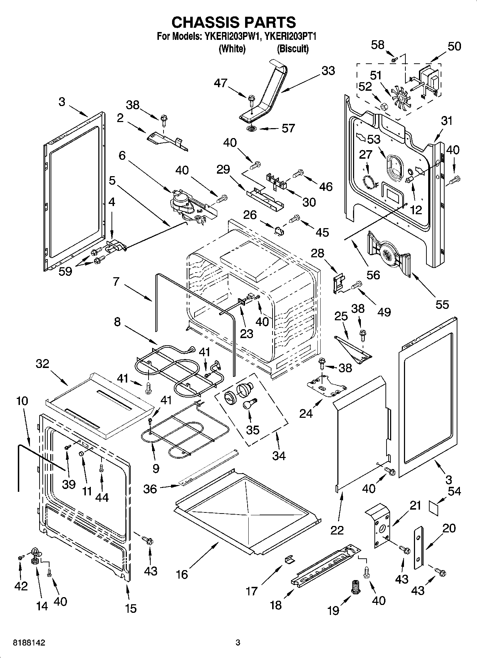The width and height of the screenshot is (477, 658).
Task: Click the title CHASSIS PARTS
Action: (233, 22)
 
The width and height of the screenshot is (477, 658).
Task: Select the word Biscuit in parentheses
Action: (293, 49)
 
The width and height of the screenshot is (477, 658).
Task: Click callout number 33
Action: (328, 70)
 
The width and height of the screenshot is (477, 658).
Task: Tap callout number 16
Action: (182, 574)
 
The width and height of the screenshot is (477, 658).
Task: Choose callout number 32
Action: (42, 364)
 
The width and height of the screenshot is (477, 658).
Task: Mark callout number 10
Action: (22, 401)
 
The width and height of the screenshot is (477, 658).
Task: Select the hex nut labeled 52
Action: (384, 106)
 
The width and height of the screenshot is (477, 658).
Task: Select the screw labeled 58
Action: (394, 60)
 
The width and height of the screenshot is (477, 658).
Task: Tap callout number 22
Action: (337, 530)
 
